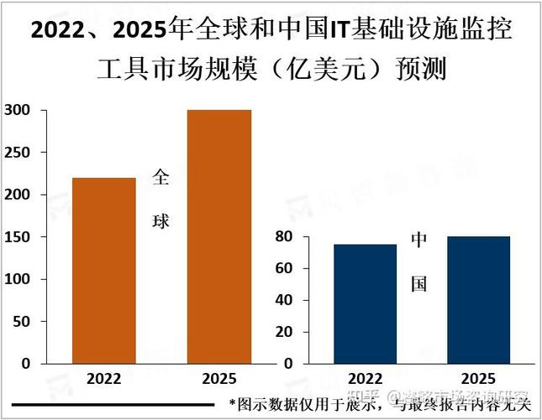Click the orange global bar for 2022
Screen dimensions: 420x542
[103, 270]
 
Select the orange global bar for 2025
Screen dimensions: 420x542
[218, 237]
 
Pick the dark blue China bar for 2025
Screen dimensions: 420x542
[477, 300]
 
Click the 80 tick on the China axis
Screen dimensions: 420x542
[284, 237]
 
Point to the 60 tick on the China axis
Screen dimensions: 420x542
[284, 269]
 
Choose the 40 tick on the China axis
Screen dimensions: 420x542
[284, 300]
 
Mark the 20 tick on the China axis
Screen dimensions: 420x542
[284, 332]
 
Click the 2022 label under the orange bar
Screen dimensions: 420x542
[103, 378]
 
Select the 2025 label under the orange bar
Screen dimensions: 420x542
[218, 378]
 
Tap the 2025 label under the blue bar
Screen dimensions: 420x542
[477, 378]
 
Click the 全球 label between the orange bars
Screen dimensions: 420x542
[160, 199]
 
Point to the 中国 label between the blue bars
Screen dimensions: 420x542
[418, 261]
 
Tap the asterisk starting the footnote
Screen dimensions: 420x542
[233, 404]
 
